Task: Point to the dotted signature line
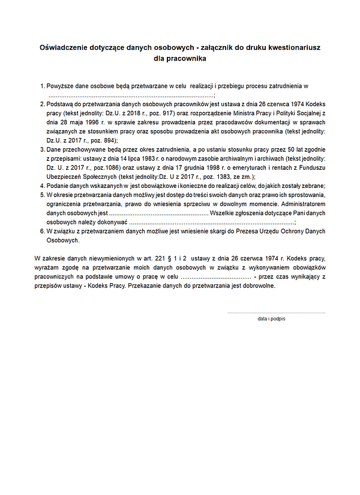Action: coord(276,313)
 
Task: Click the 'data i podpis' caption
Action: coord(271,319)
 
